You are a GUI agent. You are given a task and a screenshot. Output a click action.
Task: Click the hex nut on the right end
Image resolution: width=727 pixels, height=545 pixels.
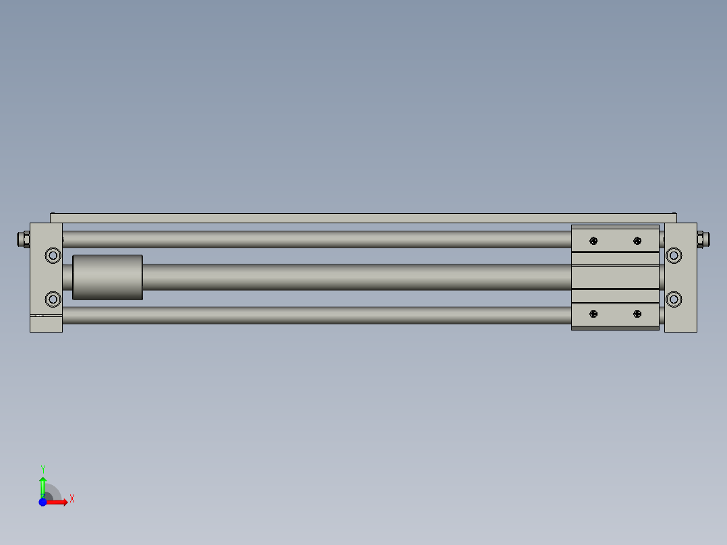click(x=701, y=239)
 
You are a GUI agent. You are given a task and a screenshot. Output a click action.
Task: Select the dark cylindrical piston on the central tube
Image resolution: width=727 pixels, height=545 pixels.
click(x=107, y=277)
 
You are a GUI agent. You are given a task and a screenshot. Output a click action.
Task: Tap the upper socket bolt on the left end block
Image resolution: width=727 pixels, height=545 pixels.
click(x=53, y=255)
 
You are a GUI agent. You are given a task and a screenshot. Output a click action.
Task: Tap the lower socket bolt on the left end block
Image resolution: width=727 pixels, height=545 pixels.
click(x=53, y=299)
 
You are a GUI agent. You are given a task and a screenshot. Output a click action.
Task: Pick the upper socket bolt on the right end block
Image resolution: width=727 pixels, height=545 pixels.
click(x=673, y=255)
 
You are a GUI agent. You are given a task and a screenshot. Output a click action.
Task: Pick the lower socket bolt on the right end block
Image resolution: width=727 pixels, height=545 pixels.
click(x=673, y=299)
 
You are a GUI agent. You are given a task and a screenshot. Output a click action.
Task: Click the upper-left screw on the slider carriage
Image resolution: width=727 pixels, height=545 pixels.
click(x=593, y=241)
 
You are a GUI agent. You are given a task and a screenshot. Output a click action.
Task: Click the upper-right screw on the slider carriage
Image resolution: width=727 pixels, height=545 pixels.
click(x=637, y=241)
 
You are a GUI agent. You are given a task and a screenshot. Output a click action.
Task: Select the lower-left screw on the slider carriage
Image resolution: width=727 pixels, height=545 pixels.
click(x=593, y=314)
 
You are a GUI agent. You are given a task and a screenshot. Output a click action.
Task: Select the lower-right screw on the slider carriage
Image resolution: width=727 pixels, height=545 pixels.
click(x=637, y=314)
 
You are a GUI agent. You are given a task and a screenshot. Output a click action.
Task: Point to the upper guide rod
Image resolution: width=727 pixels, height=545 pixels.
click(x=317, y=239)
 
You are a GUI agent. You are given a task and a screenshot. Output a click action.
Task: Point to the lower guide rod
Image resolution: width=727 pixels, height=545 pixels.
click(x=317, y=315)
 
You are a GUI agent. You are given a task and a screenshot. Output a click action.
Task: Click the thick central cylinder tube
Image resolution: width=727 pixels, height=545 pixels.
click(x=357, y=277)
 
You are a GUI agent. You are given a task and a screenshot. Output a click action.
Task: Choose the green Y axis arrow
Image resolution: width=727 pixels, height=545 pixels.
click(x=42, y=484)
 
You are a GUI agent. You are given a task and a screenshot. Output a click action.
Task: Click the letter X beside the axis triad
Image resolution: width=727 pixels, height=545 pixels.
click(x=71, y=499)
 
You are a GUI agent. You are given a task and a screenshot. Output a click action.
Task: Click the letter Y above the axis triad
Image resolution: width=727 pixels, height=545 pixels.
click(x=42, y=469)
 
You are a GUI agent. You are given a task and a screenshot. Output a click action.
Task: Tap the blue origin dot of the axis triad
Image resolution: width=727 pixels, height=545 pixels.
click(x=42, y=502)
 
